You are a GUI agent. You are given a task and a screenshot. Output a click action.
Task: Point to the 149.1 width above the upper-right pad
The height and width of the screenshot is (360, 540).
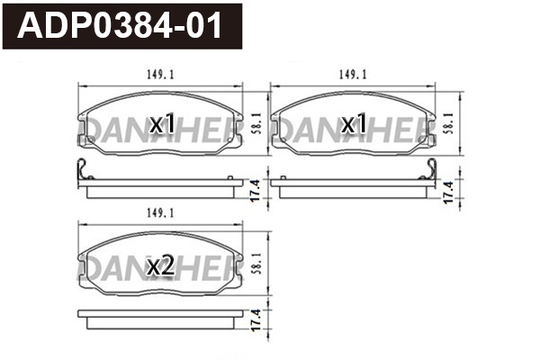354,76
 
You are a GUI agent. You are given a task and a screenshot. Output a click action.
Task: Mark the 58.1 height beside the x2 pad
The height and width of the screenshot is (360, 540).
259,263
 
